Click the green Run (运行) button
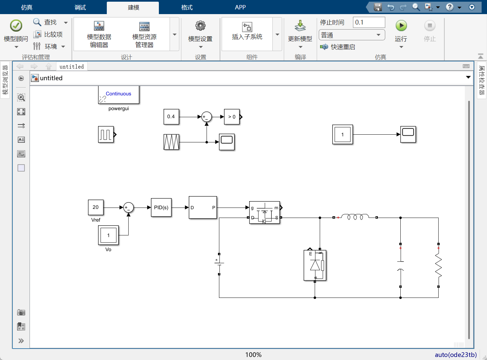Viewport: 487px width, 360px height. [x=401, y=26]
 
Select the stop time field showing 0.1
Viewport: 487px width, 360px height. [x=369, y=22]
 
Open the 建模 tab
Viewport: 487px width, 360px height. [x=133, y=7]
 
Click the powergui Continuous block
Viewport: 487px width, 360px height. [x=119, y=95]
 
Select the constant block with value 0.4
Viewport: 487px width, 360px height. [x=171, y=117]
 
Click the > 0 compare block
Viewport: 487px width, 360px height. [x=232, y=117]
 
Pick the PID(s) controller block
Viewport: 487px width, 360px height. [x=161, y=208]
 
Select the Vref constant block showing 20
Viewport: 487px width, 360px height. [x=96, y=207]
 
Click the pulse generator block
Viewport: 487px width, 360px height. [x=106, y=135]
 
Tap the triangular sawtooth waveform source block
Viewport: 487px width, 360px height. [x=171, y=142]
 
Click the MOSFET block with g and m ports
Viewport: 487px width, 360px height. [x=265, y=213]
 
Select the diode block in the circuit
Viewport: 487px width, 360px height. [x=315, y=265]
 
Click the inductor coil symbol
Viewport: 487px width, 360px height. [x=355, y=217]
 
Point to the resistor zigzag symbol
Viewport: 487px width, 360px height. [x=438, y=265]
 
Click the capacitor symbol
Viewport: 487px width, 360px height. [x=400, y=265]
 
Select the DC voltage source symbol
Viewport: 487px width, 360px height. [x=219, y=264]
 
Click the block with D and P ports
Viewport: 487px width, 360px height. [x=203, y=208]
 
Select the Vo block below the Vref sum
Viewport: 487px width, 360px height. [x=108, y=235]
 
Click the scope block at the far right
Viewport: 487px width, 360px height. [x=408, y=134]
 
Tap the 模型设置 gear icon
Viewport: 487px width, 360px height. [x=201, y=26]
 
